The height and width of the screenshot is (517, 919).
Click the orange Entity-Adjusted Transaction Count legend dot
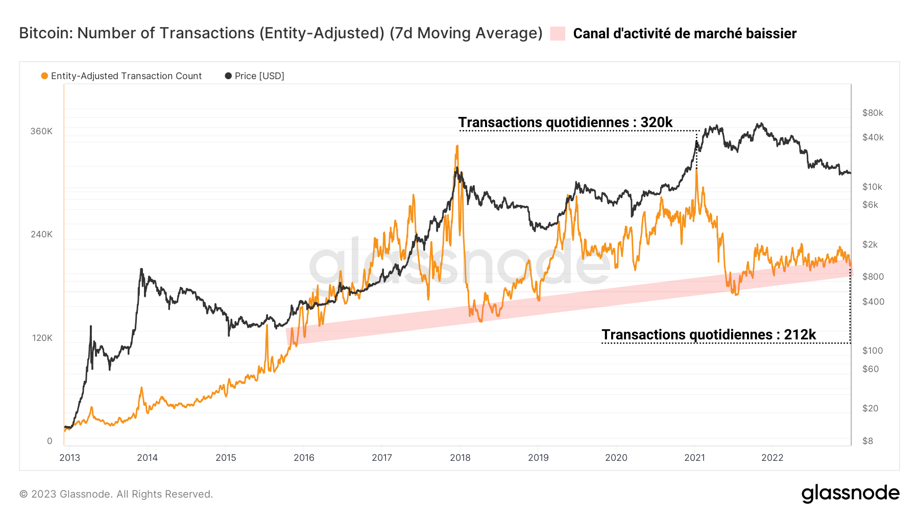click(x=44, y=76)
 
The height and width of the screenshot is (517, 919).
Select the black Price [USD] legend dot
click(x=228, y=76)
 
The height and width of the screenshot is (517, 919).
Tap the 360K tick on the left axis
click(x=41, y=131)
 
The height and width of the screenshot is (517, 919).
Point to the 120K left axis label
click(x=42, y=338)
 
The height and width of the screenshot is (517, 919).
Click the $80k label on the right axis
click(x=873, y=113)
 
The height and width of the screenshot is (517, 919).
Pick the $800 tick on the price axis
click(x=873, y=277)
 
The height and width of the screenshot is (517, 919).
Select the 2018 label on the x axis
click(x=460, y=458)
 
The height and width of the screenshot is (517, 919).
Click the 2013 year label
click(x=70, y=458)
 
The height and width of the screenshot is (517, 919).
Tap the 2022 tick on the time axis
click(x=772, y=458)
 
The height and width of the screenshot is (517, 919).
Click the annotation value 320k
click(x=657, y=122)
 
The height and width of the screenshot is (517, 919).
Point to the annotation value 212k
click(x=800, y=335)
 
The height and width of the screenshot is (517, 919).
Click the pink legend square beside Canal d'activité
click(x=558, y=34)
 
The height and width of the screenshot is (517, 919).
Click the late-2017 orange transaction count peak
click(x=457, y=146)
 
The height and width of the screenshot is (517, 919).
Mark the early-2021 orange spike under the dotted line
click(x=696, y=170)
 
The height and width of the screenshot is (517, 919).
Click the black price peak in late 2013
click(x=141, y=269)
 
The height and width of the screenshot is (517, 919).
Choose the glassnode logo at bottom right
click(x=850, y=494)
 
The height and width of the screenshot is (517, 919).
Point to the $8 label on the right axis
click(x=867, y=441)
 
